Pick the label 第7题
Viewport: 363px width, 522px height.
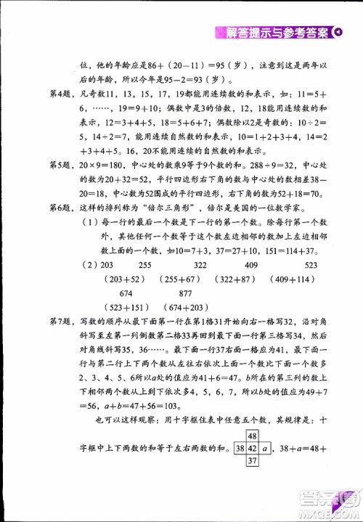[x=40, y=321]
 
